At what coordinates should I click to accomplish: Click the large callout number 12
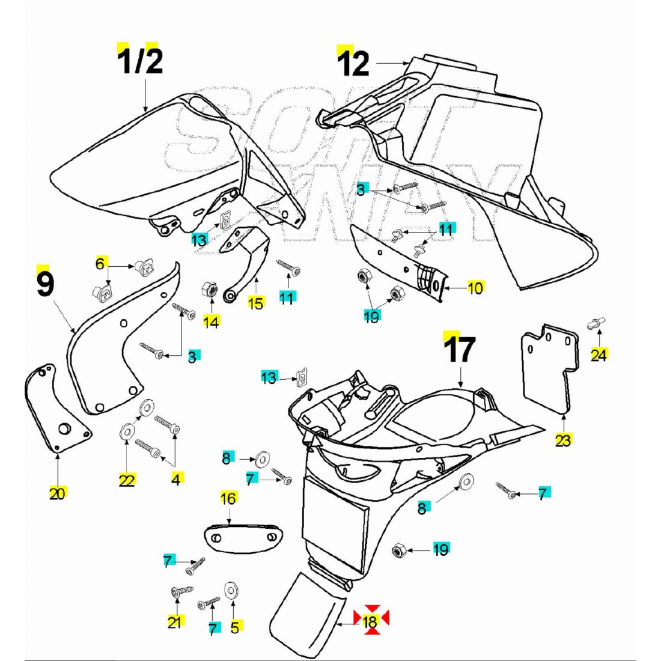(353, 64)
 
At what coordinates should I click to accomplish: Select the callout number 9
(45, 284)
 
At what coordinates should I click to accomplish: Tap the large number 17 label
(460, 350)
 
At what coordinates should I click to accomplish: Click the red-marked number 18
(371, 622)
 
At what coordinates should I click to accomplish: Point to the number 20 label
(57, 494)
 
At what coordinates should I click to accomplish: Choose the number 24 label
(599, 355)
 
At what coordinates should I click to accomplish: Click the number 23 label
(563, 440)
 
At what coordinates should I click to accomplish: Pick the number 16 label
(228, 498)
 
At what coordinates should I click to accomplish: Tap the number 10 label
(475, 288)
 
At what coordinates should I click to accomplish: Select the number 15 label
(256, 303)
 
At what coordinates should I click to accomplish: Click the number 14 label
(210, 322)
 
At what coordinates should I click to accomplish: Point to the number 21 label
(174, 622)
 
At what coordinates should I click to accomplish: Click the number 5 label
(234, 627)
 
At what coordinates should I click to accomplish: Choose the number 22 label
(127, 480)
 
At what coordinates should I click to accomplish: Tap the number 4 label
(176, 480)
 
